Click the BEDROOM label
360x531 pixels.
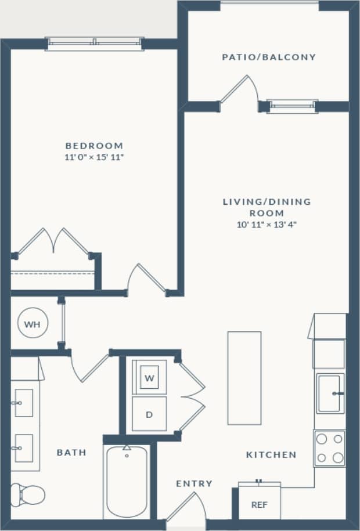(94, 146)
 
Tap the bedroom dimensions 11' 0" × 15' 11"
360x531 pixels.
(94, 157)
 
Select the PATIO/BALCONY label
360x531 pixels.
(269, 57)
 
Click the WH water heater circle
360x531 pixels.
(32, 324)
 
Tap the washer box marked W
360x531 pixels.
(149, 378)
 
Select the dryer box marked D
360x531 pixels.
(149, 414)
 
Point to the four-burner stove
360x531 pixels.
(329, 448)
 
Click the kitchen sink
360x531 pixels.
(330, 393)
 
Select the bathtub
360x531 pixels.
(127, 482)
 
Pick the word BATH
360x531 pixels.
(71, 452)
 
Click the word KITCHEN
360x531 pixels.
(271, 455)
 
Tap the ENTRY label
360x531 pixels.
(194, 483)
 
